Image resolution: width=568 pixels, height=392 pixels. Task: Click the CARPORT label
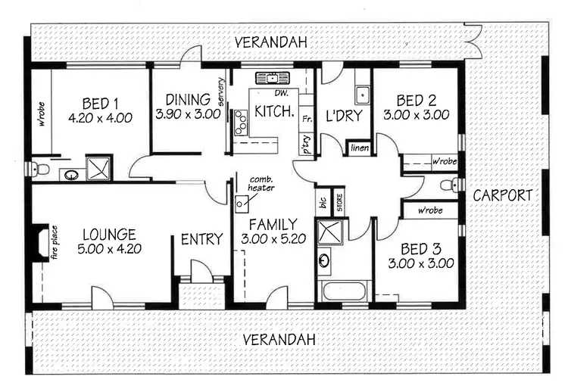pyautogui.click(x=503, y=195)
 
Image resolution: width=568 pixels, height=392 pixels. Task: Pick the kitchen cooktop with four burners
pyautogui.click(x=241, y=122)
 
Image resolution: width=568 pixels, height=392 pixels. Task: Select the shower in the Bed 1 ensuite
pyautogui.click(x=98, y=167)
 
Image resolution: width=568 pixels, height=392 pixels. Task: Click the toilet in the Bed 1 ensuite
pyautogui.click(x=42, y=170)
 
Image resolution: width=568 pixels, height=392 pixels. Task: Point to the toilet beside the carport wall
pyautogui.click(x=453, y=184)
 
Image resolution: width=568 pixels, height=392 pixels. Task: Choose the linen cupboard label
pyautogui.click(x=359, y=148)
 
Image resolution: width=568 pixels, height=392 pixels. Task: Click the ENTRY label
pyautogui.click(x=201, y=240)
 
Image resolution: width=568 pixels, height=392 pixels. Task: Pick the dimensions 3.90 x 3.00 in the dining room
pyautogui.click(x=188, y=115)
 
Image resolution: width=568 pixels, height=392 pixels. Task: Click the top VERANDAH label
pyautogui.click(x=270, y=42)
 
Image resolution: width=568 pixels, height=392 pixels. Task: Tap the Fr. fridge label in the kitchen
pyautogui.click(x=307, y=119)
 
